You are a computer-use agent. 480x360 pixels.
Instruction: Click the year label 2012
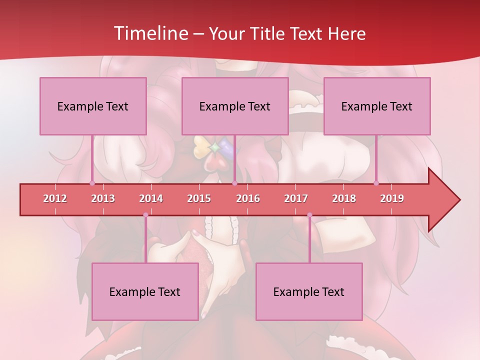click(55, 198)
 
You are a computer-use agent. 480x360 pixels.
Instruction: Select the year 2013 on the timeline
click(103, 198)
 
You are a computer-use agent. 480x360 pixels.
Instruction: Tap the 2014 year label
click(151, 198)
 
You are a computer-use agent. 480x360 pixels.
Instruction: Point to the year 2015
click(199, 198)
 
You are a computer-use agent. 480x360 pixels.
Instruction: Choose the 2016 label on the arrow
click(248, 198)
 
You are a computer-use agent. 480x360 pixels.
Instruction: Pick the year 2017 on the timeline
click(296, 198)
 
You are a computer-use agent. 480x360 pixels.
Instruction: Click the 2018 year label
click(344, 198)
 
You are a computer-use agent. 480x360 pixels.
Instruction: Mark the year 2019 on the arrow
click(392, 198)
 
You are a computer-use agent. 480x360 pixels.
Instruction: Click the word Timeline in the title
click(150, 33)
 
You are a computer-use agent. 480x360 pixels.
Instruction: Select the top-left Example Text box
click(93, 106)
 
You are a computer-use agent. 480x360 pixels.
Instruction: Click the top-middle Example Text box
click(235, 106)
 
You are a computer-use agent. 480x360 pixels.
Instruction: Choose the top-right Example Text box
click(377, 106)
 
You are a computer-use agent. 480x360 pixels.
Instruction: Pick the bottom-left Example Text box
click(145, 291)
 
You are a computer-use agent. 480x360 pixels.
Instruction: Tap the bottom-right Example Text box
click(309, 291)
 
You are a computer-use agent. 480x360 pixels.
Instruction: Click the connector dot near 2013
click(92, 183)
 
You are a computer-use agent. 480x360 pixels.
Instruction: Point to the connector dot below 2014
click(145, 215)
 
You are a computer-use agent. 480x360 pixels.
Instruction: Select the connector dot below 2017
click(309, 215)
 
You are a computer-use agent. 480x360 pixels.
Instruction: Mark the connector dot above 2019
click(376, 183)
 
